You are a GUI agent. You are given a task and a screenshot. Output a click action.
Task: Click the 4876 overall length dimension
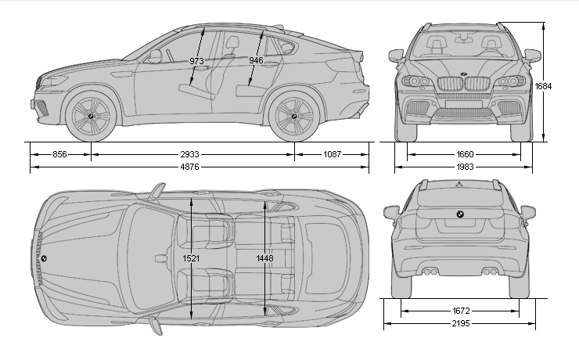(x=200, y=166)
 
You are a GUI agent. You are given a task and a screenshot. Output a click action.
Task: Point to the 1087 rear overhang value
(x=333, y=155)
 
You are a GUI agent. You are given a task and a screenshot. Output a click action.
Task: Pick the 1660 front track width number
(x=465, y=155)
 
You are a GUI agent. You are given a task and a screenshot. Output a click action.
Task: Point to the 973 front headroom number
(x=198, y=60)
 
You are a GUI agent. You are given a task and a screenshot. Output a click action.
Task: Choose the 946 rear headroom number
(x=256, y=60)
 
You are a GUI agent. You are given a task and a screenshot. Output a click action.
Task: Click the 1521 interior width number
(x=191, y=257)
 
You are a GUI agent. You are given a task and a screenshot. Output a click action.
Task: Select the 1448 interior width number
(x=264, y=257)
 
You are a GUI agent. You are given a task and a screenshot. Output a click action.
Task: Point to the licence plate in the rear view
(x=462, y=223)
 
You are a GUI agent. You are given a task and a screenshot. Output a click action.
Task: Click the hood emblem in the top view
(x=44, y=258)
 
